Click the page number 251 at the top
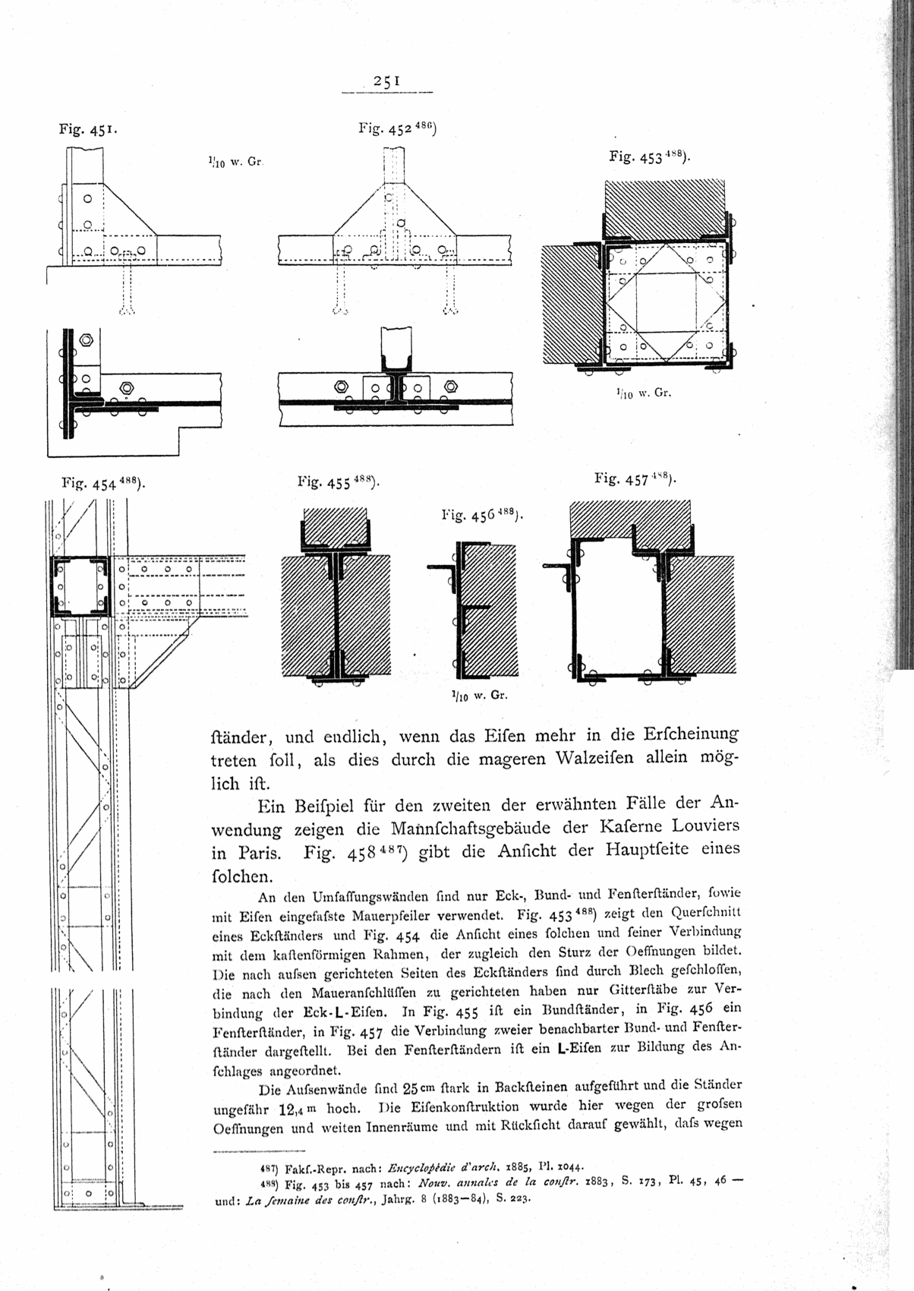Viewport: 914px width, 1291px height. pyautogui.click(x=386, y=82)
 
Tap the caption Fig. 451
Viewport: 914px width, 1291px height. pyautogui.click(x=87, y=131)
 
